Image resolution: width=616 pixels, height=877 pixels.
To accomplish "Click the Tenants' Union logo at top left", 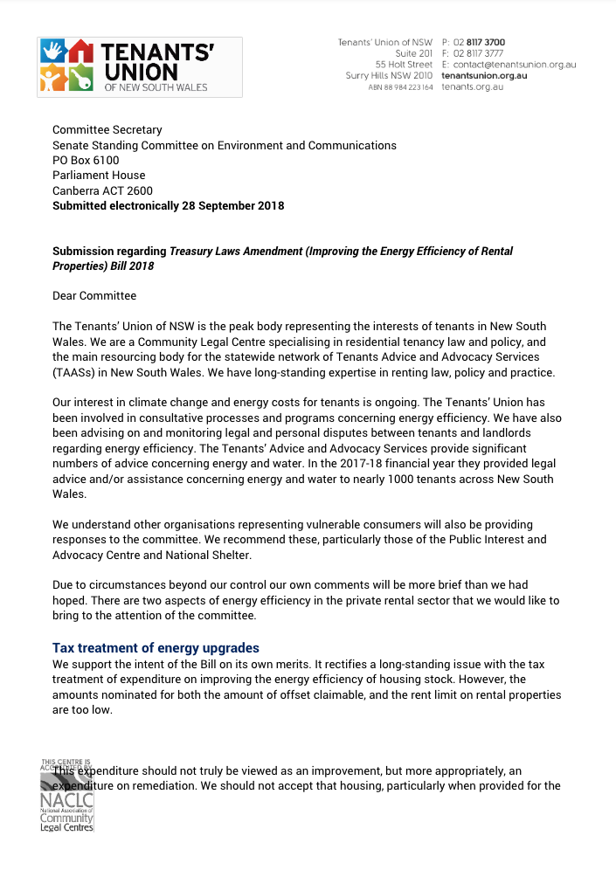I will (139, 67).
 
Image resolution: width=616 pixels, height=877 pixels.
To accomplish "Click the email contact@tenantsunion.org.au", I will (515, 65).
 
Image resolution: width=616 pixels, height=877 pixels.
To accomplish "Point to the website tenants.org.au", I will (472, 87).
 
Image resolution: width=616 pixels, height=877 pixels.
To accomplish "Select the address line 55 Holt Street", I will (404, 65).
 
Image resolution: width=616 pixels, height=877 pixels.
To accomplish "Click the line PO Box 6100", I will (86, 161).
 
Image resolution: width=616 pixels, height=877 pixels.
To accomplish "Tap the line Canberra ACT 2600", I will (102, 191).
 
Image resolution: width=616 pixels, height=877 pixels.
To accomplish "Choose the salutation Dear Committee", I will (94, 296).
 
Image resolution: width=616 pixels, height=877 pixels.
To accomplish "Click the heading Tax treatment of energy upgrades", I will (156, 648).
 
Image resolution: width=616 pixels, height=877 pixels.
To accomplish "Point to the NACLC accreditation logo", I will (67, 795).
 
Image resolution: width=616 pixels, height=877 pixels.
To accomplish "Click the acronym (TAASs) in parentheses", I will (74, 372).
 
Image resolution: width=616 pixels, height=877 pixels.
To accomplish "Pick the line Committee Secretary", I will (107, 130).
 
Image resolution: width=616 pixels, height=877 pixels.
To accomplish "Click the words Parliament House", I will (99, 176).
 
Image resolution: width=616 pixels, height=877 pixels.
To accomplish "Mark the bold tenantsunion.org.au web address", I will (484, 76).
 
